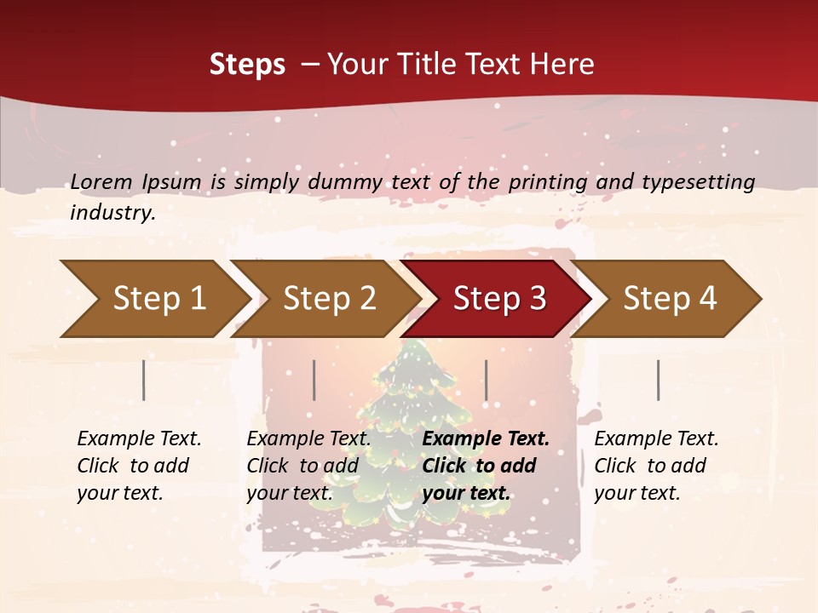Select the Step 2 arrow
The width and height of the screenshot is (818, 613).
[x=329, y=298]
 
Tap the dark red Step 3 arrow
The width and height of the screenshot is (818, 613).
[x=499, y=298]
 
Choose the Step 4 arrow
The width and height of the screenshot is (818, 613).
[x=670, y=298]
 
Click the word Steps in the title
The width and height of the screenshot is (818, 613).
[x=247, y=65]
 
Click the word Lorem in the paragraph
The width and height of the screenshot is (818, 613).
[x=101, y=181]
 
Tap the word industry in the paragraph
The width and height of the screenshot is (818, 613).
[x=112, y=213]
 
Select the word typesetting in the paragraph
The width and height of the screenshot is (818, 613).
[x=698, y=182]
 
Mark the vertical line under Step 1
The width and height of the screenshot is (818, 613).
[x=144, y=380]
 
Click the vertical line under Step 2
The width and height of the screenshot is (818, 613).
[x=314, y=380]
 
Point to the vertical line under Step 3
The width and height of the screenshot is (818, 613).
[x=486, y=380]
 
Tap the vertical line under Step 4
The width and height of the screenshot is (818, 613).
[x=658, y=380]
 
